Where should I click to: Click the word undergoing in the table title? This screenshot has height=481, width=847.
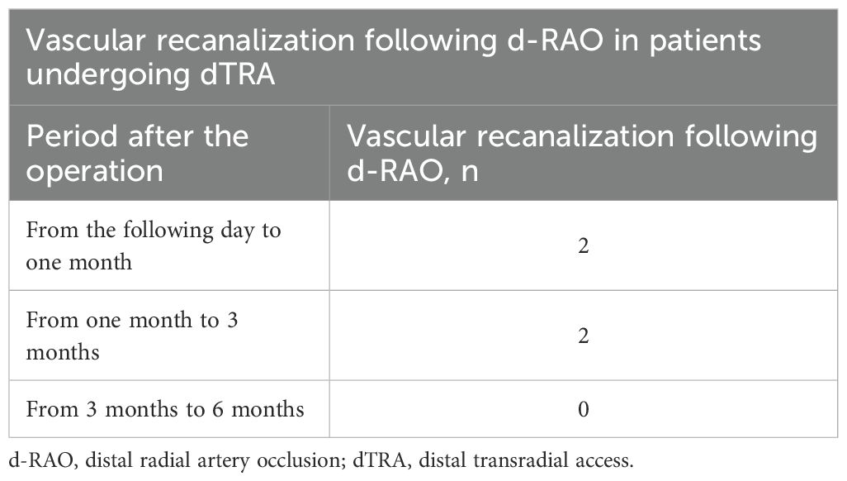tap(107, 75)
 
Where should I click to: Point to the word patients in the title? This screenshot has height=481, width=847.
tap(705, 42)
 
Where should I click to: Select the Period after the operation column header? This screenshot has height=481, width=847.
tap(137, 153)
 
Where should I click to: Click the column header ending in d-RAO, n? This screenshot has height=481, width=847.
tap(582, 153)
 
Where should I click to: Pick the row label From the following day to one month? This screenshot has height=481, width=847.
tap(154, 245)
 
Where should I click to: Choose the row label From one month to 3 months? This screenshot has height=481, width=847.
tap(132, 336)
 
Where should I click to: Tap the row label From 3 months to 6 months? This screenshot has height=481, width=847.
tap(165, 409)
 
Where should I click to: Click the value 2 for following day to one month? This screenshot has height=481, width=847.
tap(584, 245)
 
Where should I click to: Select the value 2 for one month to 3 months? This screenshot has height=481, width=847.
tap(584, 336)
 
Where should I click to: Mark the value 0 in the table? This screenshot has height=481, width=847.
tap(584, 409)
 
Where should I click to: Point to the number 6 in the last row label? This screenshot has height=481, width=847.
tap(218, 409)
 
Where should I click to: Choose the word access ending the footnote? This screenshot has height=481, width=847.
tap(603, 461)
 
